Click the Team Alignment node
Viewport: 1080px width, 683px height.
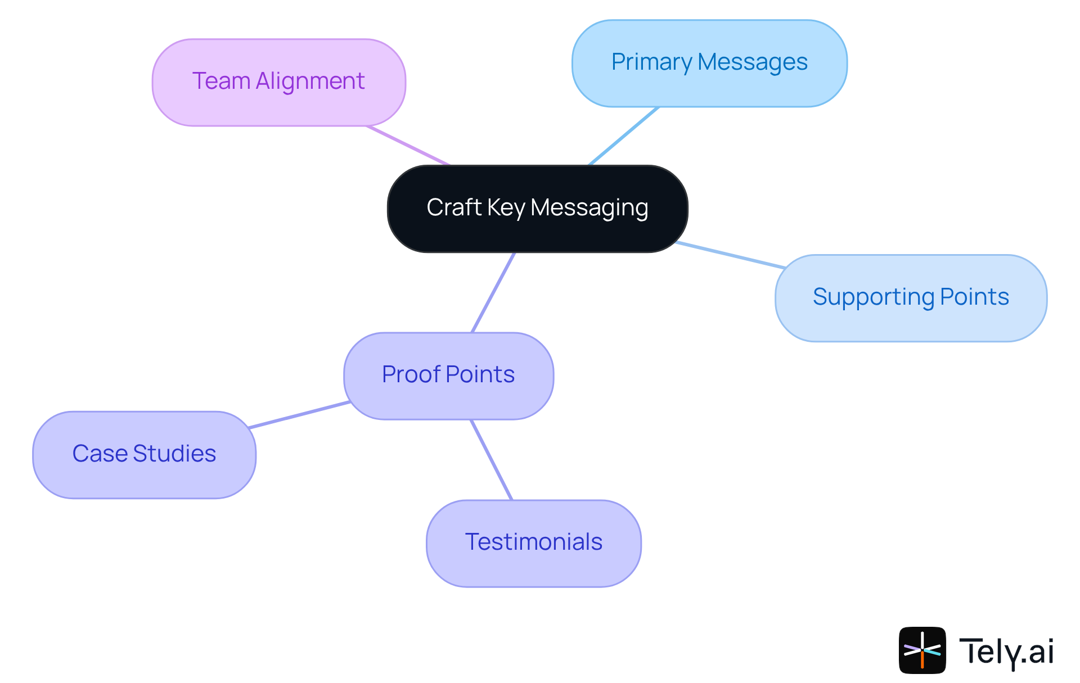(x=278, y=83)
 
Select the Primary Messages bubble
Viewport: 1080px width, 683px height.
(x=709, y=63)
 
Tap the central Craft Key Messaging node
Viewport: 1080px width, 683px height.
(x=537, y=209)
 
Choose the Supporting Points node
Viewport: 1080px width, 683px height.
(x=911, y=298)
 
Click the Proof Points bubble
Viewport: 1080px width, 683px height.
(x=448, y=376)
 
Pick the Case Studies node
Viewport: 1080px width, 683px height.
(x=144, y=455)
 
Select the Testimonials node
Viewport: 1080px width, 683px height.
(x=533, y=543)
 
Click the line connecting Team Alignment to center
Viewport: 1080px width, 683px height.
(x=408, y=146)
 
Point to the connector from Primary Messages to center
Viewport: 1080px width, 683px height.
(x=623, y=136)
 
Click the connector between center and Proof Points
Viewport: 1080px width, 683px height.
(x=493, y=292)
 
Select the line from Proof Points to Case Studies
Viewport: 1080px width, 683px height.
(x=299, y=415)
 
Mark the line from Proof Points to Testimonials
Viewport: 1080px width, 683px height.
(x=492, y=460)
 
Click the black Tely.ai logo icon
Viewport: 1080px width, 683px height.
(x=922, y=650)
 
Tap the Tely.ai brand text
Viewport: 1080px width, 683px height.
(x=1006, y=652)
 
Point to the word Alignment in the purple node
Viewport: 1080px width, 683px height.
(x=310, y=81)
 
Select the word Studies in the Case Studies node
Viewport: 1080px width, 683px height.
(x=174, y=454)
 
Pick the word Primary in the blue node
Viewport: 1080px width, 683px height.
(x=651, y=62)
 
